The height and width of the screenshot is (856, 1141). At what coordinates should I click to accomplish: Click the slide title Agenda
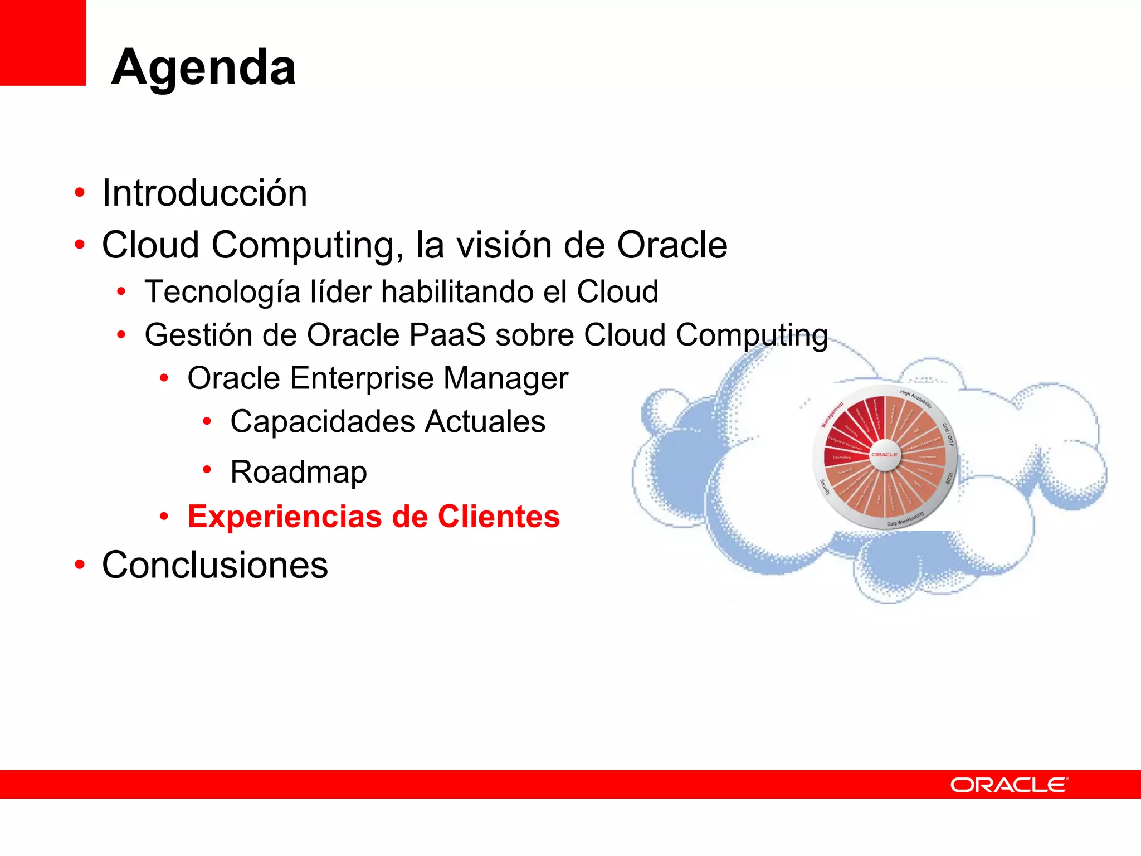point(203,67)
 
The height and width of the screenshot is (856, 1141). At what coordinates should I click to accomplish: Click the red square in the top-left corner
point(42,42)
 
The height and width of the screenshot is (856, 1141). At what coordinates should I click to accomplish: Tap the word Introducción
point(204,193)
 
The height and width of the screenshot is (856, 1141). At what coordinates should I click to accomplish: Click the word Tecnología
point(222,293)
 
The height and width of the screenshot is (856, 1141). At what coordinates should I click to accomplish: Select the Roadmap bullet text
point(299,472)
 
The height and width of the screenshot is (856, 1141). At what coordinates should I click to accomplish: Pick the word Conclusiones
point(215,565)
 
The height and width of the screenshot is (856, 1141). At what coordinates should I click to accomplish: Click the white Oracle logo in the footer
point(1009,785)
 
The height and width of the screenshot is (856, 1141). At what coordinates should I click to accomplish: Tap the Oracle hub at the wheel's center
point(884,455)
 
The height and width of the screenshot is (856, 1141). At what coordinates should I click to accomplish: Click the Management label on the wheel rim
point(832,415)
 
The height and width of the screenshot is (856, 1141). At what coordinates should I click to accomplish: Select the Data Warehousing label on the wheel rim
point(905,519)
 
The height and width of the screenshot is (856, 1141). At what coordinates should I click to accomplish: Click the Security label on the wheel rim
point(825,487)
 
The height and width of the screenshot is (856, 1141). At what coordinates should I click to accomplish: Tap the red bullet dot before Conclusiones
point(80,565)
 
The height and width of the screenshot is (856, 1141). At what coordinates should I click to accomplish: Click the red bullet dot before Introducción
point(80,193)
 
